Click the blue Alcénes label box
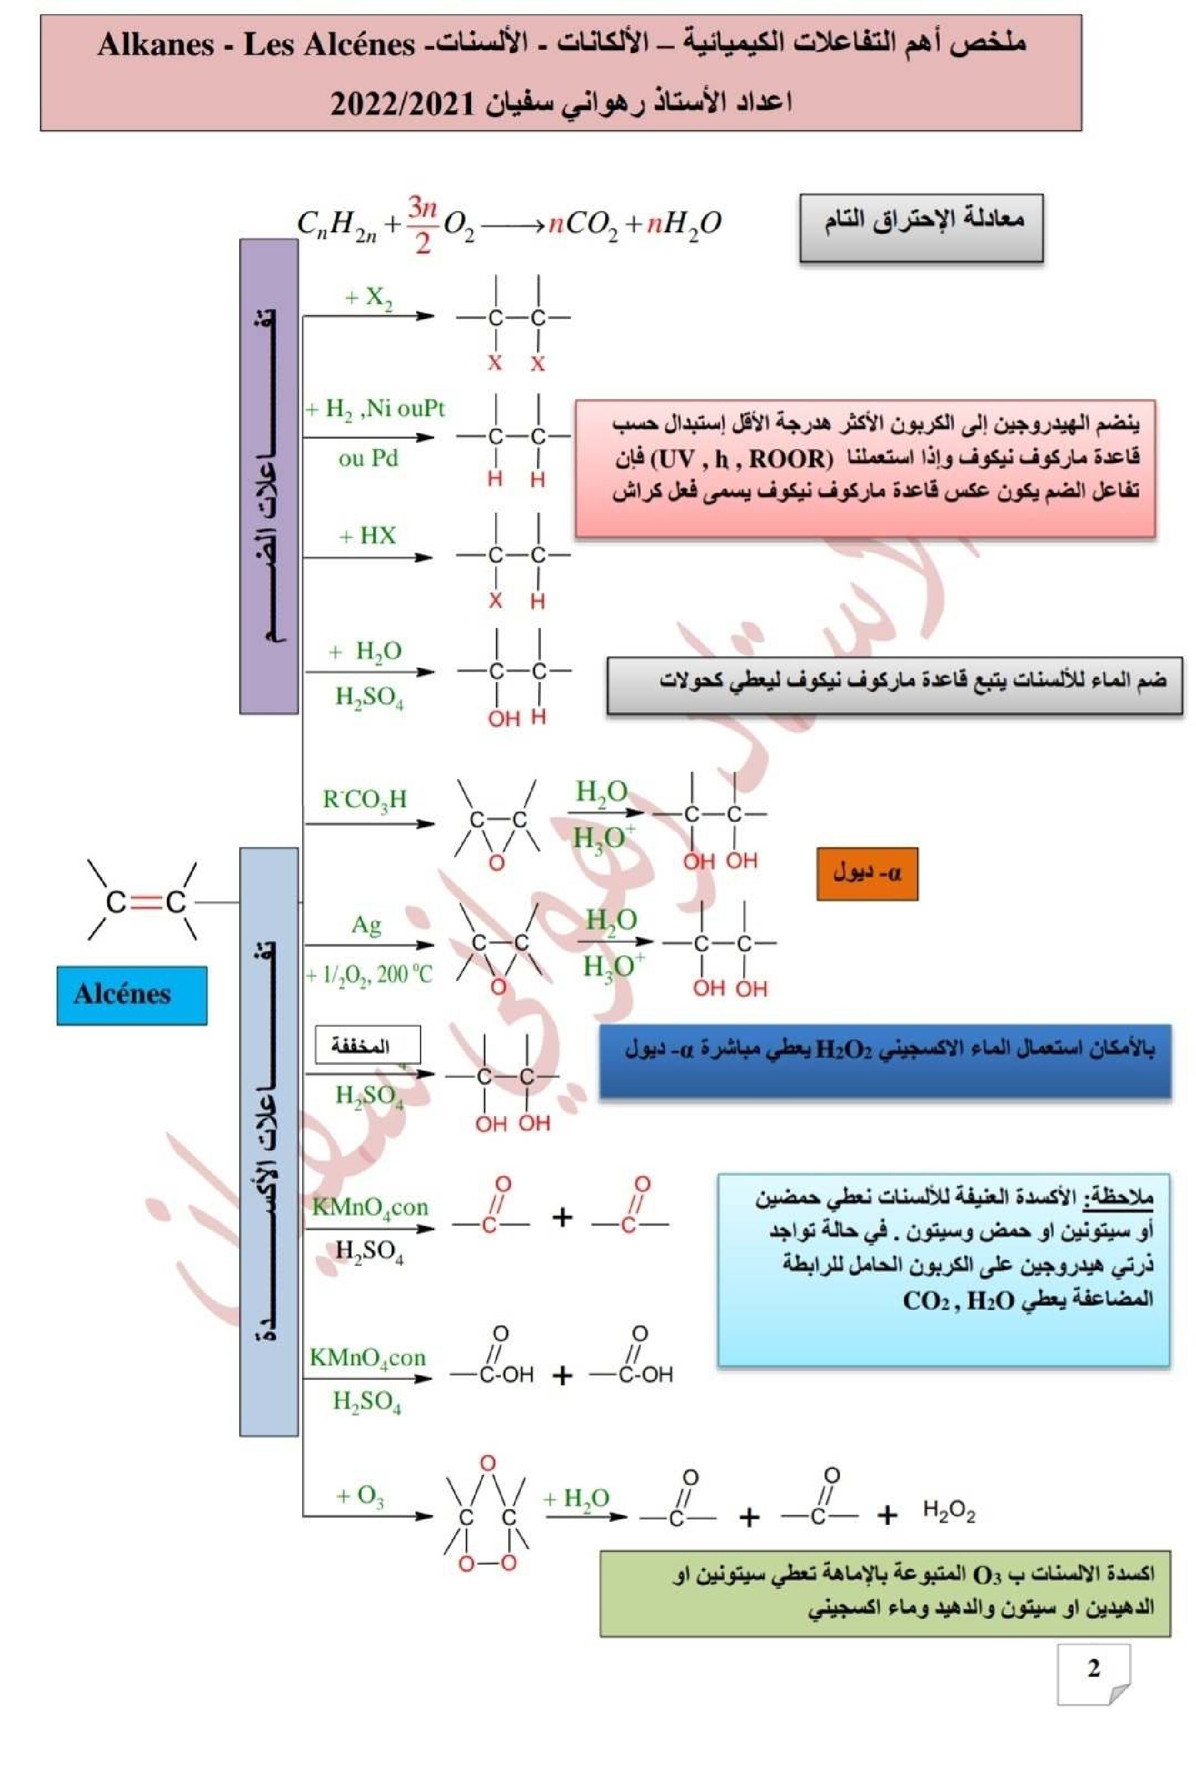click(131, 994)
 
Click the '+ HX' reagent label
click(368, 536)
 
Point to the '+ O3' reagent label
click(360, 1496)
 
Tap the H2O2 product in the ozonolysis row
click(948, 1509)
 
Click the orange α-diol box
click(866, 873)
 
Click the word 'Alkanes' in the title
click(156, 45)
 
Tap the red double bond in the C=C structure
click(146, 903)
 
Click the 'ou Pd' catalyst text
click(368, 458)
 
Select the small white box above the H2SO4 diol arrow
click(368, 1045)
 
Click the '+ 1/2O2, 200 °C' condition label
click(369, 975)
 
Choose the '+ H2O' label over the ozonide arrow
click(576, 1498)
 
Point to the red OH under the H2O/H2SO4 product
click(503, 718)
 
